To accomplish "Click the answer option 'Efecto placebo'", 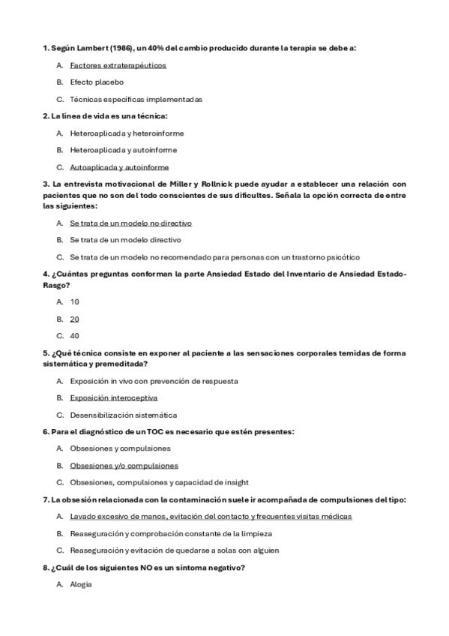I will (x=97, y=82).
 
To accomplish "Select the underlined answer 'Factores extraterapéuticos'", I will (x=118, y=65).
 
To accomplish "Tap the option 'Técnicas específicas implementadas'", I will (x=136, y=99).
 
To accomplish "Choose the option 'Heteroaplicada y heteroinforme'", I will (x=127, y=133).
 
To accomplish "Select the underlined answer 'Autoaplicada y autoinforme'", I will (x=119, y=167).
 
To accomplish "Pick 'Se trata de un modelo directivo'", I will (x=125, y=240).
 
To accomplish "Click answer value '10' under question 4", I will (x=74, y=301).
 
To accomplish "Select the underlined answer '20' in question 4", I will (x=74, y=319).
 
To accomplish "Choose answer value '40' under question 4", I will (x=74, y=335).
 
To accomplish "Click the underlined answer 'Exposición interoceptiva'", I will (x=113, y=397).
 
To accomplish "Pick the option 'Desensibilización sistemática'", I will (x=123, y=415).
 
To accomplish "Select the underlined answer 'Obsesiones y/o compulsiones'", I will (x=124, y=465).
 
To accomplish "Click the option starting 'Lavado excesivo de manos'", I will (x=211, y=516).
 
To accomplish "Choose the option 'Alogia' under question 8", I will (x=80, y=583).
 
